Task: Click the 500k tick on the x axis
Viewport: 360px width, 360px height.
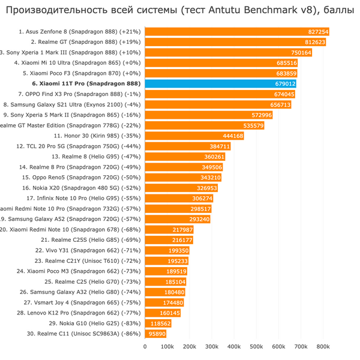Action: click(256, 346)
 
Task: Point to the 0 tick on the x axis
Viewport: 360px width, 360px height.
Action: click(145, 346)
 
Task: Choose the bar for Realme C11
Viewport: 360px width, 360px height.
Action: click(155, 334)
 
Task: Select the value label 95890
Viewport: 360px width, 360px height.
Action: click(157, 334)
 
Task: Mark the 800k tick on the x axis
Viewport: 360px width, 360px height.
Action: click(323, 346)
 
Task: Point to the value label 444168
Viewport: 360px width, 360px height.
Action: click(233, 136)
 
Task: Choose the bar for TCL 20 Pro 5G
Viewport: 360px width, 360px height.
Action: click(187, 146)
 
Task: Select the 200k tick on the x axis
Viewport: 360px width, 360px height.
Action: click(189, 346)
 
